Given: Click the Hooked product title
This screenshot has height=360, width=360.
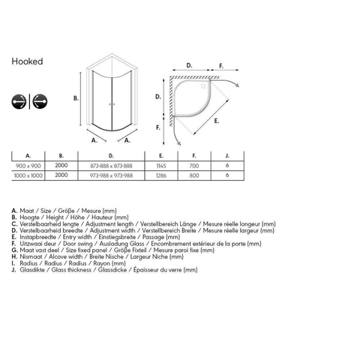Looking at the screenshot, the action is (x=27, y=61).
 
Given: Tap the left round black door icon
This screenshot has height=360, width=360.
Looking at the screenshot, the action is (x=19, y=101).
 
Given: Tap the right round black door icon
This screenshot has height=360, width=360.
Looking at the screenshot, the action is (x=40, y=101).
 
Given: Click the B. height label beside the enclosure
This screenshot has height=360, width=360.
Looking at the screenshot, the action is (x=76, y=98).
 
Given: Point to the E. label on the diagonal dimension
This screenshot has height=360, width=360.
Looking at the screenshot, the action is (x=217, y=121).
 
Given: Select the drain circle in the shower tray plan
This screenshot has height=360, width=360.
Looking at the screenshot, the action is (x=203, y=86).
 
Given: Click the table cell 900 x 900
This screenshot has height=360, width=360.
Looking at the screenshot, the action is (x=28, y=166).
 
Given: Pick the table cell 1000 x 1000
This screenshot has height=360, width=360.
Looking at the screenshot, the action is (x=28, y=175).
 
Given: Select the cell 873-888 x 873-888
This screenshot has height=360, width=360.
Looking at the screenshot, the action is (x=111, y=166).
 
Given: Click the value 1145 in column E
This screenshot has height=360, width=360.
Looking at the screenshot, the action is (x=161, y=166).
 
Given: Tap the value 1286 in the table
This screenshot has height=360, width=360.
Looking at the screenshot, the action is (x=161, y=175).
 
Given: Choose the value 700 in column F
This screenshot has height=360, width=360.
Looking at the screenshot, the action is (x=194, y=166).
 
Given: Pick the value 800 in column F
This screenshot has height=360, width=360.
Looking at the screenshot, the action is (x=194, y=175).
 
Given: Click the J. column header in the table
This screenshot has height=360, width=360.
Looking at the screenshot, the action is (x=227, y=156).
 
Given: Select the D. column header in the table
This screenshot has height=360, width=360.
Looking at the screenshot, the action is (x=111, y=156).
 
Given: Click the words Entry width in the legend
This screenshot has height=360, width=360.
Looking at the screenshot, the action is (x=77, y=237).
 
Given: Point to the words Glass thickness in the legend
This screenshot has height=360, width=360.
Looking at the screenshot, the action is (x=71, y=270).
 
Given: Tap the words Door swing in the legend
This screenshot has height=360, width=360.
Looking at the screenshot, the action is (x=78, y=244).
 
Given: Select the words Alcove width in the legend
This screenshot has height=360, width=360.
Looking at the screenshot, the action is (x=65, y=256).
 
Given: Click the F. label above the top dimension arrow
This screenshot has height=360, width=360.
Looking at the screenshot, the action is (x=221, y=66).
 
